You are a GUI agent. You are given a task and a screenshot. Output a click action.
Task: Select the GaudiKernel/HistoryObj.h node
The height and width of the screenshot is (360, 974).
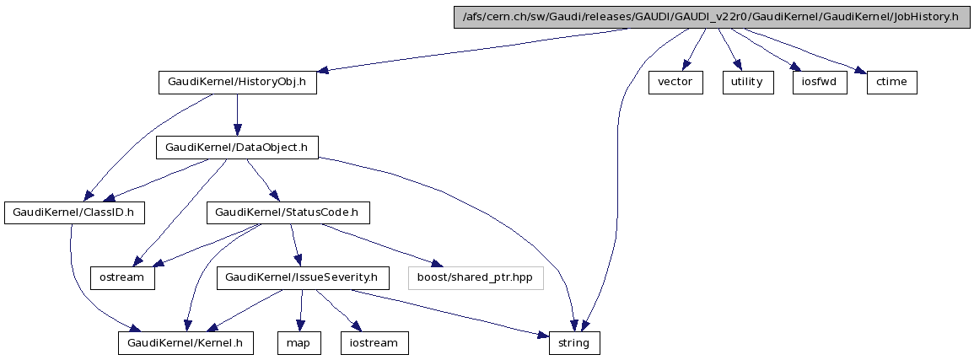(x=237, y=83)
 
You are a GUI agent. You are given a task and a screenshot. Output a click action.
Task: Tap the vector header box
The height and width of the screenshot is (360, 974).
(x=675, y=83)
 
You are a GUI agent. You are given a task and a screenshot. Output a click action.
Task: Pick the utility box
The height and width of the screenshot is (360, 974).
(x=747, y=83)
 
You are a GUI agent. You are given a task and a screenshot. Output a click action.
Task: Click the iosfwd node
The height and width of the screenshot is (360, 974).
(x=819, y=83)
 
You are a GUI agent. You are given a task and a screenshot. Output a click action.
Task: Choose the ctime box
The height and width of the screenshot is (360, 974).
(x=891, y=83)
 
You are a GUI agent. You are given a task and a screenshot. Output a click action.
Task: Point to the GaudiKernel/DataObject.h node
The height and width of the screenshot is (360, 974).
(x=237, y=148)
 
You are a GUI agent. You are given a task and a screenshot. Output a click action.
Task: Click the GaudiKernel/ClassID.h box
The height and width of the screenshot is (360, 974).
(x=73, y=212)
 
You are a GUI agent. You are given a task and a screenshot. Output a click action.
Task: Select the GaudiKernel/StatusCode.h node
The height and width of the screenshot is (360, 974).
(x=288, y=212)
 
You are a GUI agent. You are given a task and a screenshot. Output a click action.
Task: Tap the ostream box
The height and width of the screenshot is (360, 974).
(x=123, y=277)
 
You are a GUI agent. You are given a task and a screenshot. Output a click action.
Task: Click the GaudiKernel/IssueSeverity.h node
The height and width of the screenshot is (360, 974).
(x=303, y=277)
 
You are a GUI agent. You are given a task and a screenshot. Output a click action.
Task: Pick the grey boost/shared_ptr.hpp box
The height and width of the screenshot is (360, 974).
(x=476, y=277)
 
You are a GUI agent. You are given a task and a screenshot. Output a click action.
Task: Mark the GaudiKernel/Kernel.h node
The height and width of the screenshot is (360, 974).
(x=186, y=343)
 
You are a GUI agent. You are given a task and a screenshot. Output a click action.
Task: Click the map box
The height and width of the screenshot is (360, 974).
(x=299, y=343)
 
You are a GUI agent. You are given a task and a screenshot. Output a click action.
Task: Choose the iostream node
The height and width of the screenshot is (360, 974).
(x=374, y=343)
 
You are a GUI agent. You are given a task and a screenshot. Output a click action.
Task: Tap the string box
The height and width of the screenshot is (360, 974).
(x=575, y=343)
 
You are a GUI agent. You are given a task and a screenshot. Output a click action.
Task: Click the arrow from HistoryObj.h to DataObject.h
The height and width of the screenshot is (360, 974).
(x=237, y=115)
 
